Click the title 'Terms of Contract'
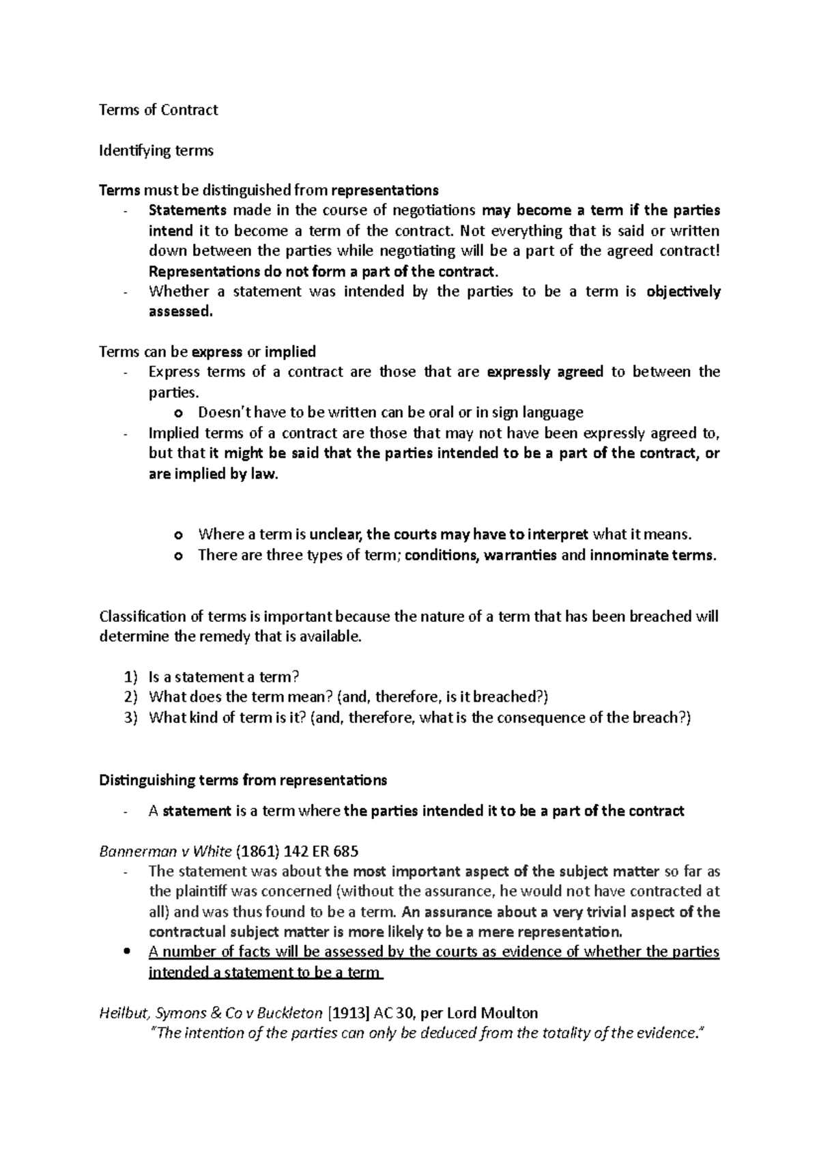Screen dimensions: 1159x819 pyautogui.click(x=158, y=110)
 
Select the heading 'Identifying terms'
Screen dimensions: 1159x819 pyautogui.click(x=156, y=150)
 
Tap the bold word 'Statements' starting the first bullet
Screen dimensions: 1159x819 pyautogui.click(x=188, y=210)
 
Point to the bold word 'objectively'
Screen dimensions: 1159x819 pyautogui.click(x=682, y=291)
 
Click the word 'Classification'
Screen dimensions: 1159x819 pyautogui.click(x=143, y=616)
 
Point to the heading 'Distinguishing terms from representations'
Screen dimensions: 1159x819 pyautogui.click(x=243, y=779)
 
